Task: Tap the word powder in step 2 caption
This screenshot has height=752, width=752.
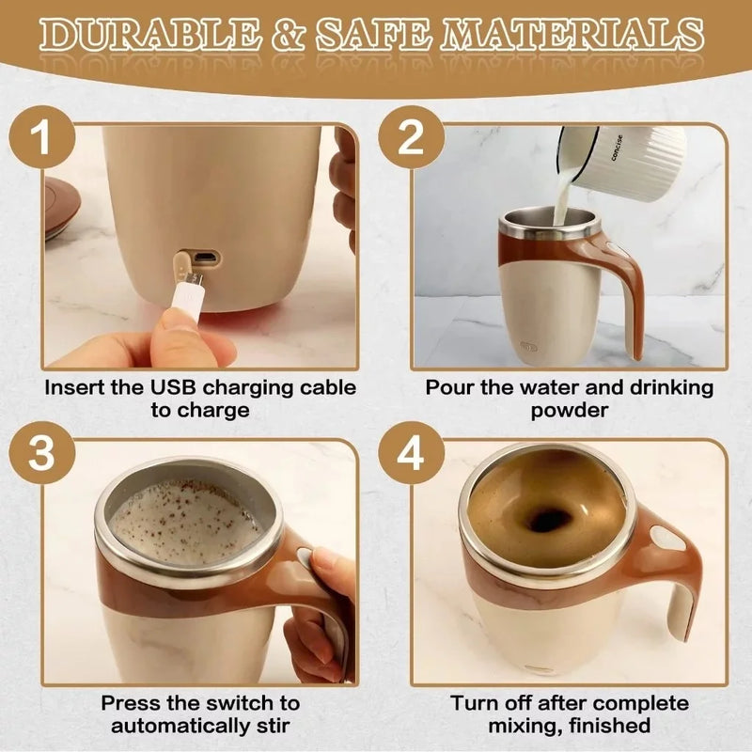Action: [x=569, y=411]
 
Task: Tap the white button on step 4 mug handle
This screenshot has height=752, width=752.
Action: [x=667, y=539]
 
